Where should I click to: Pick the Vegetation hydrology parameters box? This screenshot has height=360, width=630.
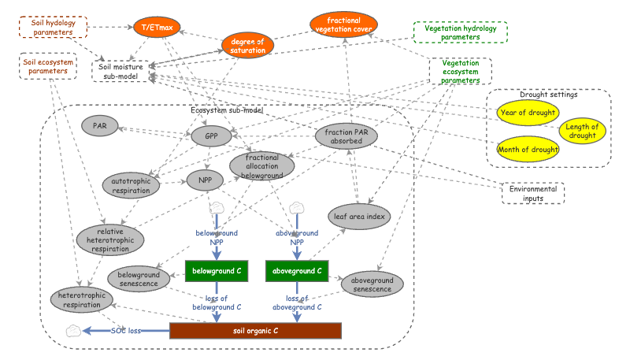point(461,32)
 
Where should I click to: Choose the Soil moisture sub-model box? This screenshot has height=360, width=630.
point(120,71)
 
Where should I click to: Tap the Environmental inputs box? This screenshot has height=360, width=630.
point(533,193)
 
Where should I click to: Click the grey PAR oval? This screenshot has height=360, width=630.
point(100,126)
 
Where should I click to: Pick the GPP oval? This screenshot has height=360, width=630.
point(211,136)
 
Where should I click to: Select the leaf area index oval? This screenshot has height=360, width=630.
point(359,215)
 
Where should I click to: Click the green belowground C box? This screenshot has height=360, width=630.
point(217,271)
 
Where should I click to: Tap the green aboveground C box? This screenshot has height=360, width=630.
point(297,271)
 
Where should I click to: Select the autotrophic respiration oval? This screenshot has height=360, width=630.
point(131,187)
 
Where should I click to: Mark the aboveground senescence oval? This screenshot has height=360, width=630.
point(372,284)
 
